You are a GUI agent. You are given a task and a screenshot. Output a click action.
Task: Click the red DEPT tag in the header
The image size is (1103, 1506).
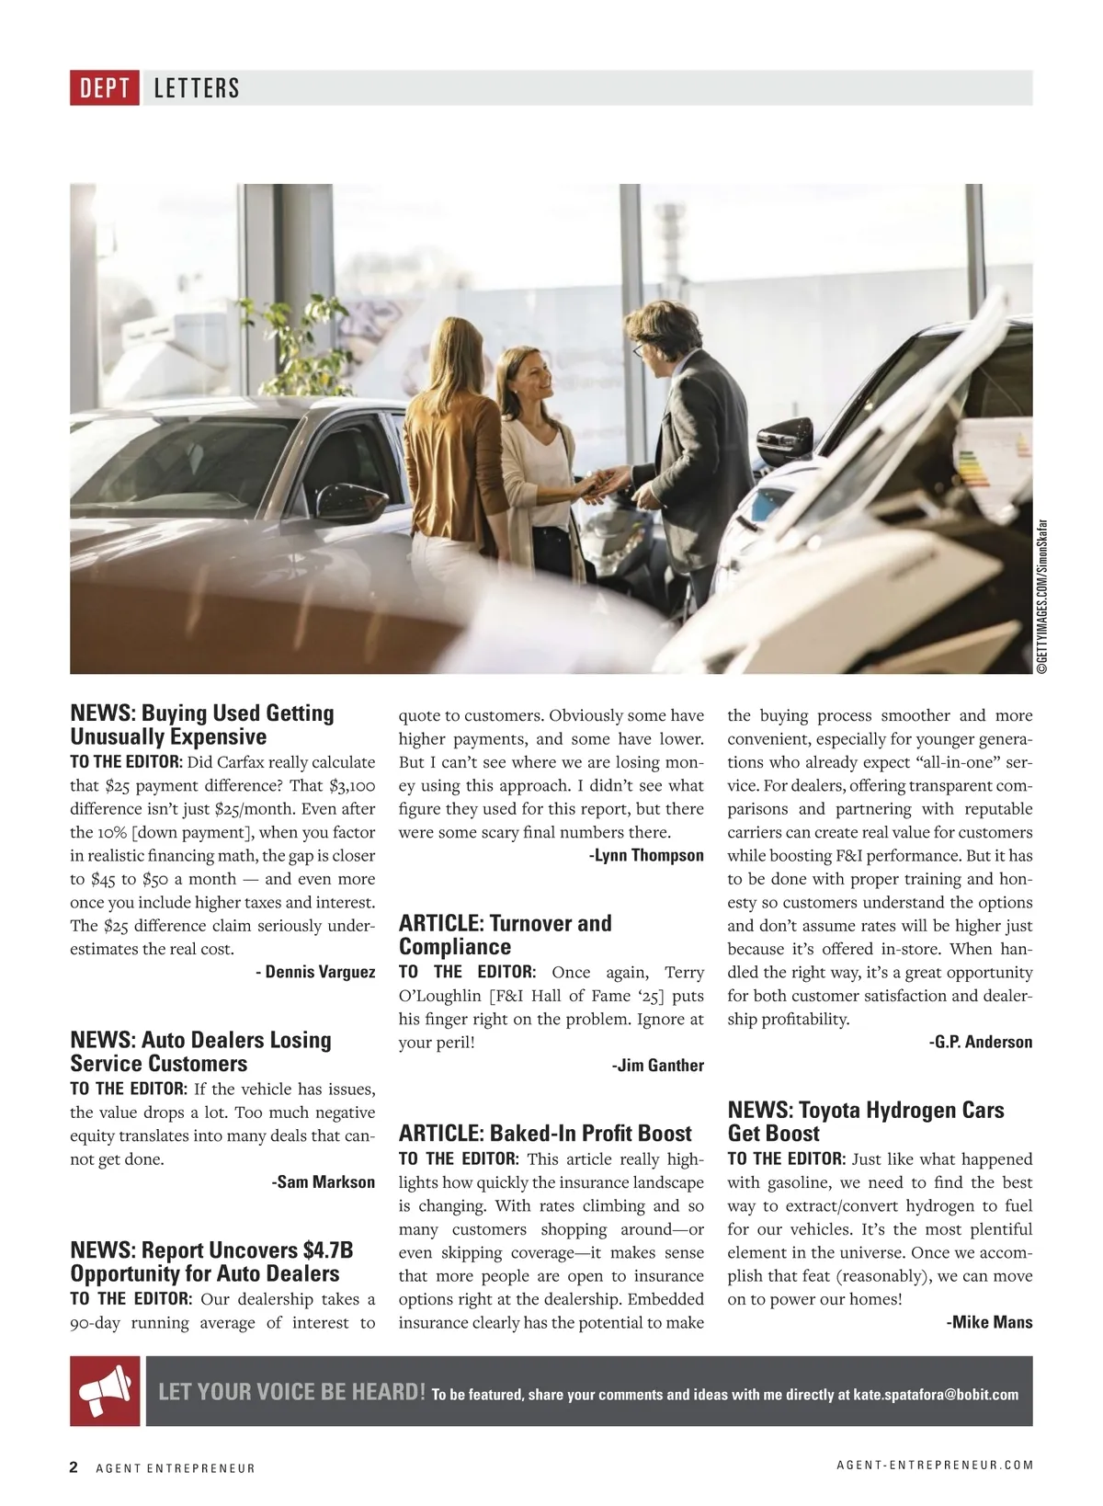coord(105,88)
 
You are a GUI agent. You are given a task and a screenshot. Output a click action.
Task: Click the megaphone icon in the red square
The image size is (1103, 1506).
coord(105,1391)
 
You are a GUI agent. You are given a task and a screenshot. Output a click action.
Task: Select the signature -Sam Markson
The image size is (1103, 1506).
coord(323,1182)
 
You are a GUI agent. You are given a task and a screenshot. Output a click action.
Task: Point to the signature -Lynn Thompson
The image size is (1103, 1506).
coord(645,856)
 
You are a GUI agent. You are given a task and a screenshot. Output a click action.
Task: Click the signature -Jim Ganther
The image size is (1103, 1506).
coord(657,1066)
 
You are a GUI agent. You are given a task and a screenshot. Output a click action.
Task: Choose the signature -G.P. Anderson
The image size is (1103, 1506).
coord(980,1043)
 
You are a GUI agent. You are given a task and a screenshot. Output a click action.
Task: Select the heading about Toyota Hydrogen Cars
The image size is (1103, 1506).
coord(865,1122)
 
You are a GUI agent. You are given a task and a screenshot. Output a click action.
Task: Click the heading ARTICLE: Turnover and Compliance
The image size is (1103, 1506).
coord(505,935)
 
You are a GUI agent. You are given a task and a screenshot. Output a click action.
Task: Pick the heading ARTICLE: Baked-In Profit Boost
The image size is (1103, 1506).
coord(545,1134)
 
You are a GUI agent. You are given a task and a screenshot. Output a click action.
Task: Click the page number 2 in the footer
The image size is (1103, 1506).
coord(74,1466)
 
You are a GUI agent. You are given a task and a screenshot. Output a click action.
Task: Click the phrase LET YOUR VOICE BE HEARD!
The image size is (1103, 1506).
coord(291,1392)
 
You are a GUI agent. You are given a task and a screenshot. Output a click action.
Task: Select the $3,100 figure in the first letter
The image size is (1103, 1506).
coord(351,786)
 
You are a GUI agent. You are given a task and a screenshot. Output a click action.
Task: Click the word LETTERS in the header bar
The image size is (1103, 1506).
coord(197,88)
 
